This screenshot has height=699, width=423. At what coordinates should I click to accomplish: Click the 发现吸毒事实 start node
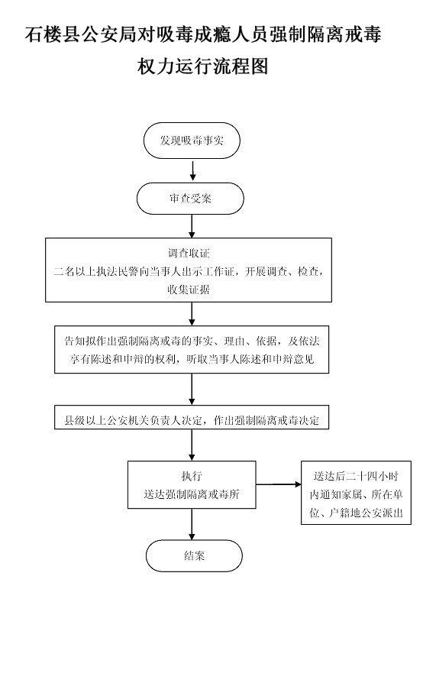tap(192, 141)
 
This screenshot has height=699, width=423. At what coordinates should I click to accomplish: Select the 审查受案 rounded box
tap(190, 199)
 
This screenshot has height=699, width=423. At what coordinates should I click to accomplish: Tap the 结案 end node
tap(194, 555)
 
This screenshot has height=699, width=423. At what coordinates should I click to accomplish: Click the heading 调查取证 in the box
tap(189, 253)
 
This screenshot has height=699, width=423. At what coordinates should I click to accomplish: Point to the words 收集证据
tap(189, 290)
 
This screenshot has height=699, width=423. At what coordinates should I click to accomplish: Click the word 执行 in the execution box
tap(192, 476)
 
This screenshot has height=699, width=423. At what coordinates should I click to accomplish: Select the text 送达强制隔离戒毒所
tap(192, 494)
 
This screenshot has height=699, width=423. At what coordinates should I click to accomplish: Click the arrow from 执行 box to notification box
tap(279, 484)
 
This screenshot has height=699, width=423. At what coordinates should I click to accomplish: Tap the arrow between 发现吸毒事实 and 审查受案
tap(192, 170)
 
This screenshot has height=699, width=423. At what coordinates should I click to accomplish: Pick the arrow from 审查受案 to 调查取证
tap(192, 226)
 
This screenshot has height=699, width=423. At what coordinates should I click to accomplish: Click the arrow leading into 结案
tap(192, 524)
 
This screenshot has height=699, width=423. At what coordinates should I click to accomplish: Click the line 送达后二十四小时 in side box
tap(356, 476)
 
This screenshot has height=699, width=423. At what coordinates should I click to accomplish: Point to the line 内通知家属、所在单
tap(356, 494)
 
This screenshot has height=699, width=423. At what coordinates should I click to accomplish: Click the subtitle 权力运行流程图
tap(203, 67)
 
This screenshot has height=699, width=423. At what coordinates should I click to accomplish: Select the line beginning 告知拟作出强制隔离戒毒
tap(192, 341)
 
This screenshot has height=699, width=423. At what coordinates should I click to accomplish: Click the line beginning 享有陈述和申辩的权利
tap(192, 359)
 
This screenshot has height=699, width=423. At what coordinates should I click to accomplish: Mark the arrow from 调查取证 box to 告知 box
tap(192, 314)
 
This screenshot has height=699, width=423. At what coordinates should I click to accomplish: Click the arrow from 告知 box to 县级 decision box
tap(192, 389)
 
